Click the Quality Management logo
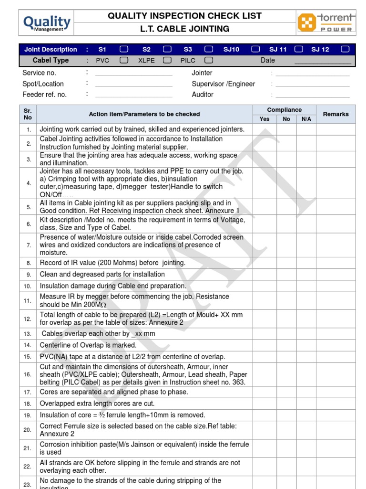pos(47,22)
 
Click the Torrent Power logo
pos(326,22)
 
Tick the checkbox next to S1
pos(123,49)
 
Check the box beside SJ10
pos(255,49)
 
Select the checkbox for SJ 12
pos(345,49)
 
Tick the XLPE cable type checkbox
pos(167,61)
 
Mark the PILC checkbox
pos(208,61)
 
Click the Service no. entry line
pos(133,74)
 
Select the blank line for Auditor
pos(312,95)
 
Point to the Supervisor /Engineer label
pos(223,84)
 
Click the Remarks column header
pos(335,114)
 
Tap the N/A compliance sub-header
pos(306,119)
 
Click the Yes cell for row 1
pos(264,129)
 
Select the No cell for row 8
pos(286,263)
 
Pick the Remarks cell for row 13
pos(335,334)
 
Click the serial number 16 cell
pos(28,374)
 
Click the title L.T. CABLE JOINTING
pos(184,29)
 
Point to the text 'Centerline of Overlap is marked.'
pos(88,345)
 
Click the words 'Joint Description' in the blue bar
pos(51,49)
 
